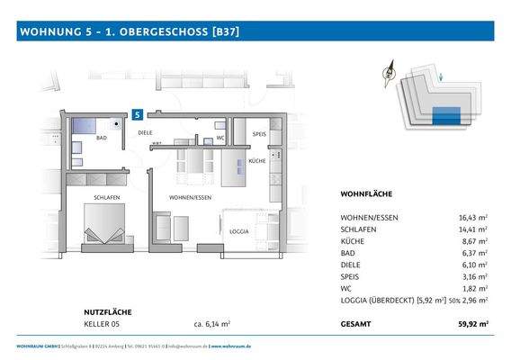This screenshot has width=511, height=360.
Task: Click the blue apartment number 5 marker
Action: tap(137, 115)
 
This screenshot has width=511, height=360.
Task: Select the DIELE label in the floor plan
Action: tap(145, 132)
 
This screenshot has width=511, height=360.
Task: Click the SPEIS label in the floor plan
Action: tap(259, 132)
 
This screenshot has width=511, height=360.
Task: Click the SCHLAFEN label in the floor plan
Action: tap(108, 196)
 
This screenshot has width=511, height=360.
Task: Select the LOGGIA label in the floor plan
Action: tap(239, 231)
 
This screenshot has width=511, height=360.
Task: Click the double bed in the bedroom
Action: tap(106, 225)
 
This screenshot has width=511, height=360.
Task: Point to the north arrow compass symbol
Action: tap(390, 76)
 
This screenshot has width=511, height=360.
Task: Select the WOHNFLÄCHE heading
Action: tap(366, 194)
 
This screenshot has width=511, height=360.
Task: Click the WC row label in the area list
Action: tap(346, 288)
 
